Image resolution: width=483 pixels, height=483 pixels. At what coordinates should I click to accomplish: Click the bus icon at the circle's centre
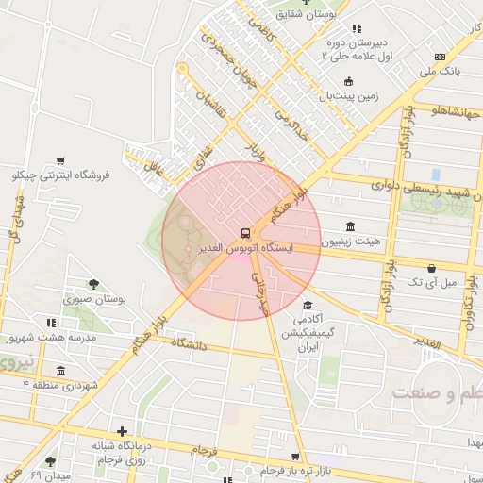pos(245,233)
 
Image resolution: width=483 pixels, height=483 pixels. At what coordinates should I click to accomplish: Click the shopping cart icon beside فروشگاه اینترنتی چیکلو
pos(61,160)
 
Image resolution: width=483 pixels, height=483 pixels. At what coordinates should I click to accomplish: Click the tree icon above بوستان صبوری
pos(94,283)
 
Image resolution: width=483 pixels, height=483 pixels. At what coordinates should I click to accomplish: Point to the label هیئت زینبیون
pos(351,241)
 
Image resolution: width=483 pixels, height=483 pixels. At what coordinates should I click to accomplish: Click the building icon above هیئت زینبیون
pos(351,226)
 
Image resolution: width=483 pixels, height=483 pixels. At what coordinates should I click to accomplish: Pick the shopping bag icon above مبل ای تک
pos(431,268)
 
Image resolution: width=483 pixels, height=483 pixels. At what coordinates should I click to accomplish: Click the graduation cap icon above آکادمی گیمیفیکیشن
pos(308,306)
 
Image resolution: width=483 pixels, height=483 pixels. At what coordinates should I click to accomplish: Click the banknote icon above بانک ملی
pos(440,57)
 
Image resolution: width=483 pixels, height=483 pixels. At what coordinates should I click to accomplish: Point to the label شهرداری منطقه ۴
pos(60,386)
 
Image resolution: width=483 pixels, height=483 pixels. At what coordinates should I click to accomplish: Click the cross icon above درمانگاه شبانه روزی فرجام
pos(121,431)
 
